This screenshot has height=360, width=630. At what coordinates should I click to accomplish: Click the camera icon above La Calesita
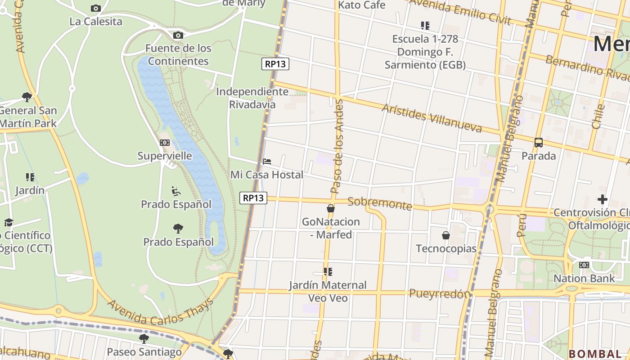pyautogui.click(x=96, y=8)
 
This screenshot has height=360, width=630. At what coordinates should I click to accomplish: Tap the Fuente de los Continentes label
pyautogui.click(x=178, y=54)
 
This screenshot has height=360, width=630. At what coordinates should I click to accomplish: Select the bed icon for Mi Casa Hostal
pyautogui.click(x=267, y=161)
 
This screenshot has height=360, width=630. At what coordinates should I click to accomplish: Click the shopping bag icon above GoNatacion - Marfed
pyautogui.click(x=331, y=208)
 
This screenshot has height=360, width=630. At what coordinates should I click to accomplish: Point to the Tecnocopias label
pyautogui.click(x=446, y=248)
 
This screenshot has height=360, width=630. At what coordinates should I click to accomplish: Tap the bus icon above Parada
pyautogui.click(x=539, y=143)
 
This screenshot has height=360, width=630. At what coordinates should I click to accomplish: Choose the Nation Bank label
pyautogui.click(x=584, y=278)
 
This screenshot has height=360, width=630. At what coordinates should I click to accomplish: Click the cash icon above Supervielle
pyautogui.click(x=165, y=143)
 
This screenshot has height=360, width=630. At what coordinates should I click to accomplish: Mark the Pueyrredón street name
pyautogui.click(x=440, y=293)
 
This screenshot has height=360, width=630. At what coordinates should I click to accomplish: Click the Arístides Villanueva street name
pyautogui.click(x=432, y=118)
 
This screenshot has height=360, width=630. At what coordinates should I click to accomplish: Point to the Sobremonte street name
pyautogui.click(x=380, y=203)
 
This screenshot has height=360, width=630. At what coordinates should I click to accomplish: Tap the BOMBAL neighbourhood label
pyautogui.click(x=595, y=354)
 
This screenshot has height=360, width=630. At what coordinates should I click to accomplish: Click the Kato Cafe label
pyautogui.click(x=361, y=5)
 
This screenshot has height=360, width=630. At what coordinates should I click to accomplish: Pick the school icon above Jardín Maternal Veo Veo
pyautogui.click(x=328, y=272)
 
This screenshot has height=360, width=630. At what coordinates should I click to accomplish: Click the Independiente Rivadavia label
pyautogui.click(x=252, y=98)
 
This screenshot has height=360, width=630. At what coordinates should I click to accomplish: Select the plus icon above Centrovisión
pyautogui.click(x=603, y=199)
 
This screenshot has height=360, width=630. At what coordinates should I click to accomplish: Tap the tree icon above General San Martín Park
pyautogui.click(x=27, y=97)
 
